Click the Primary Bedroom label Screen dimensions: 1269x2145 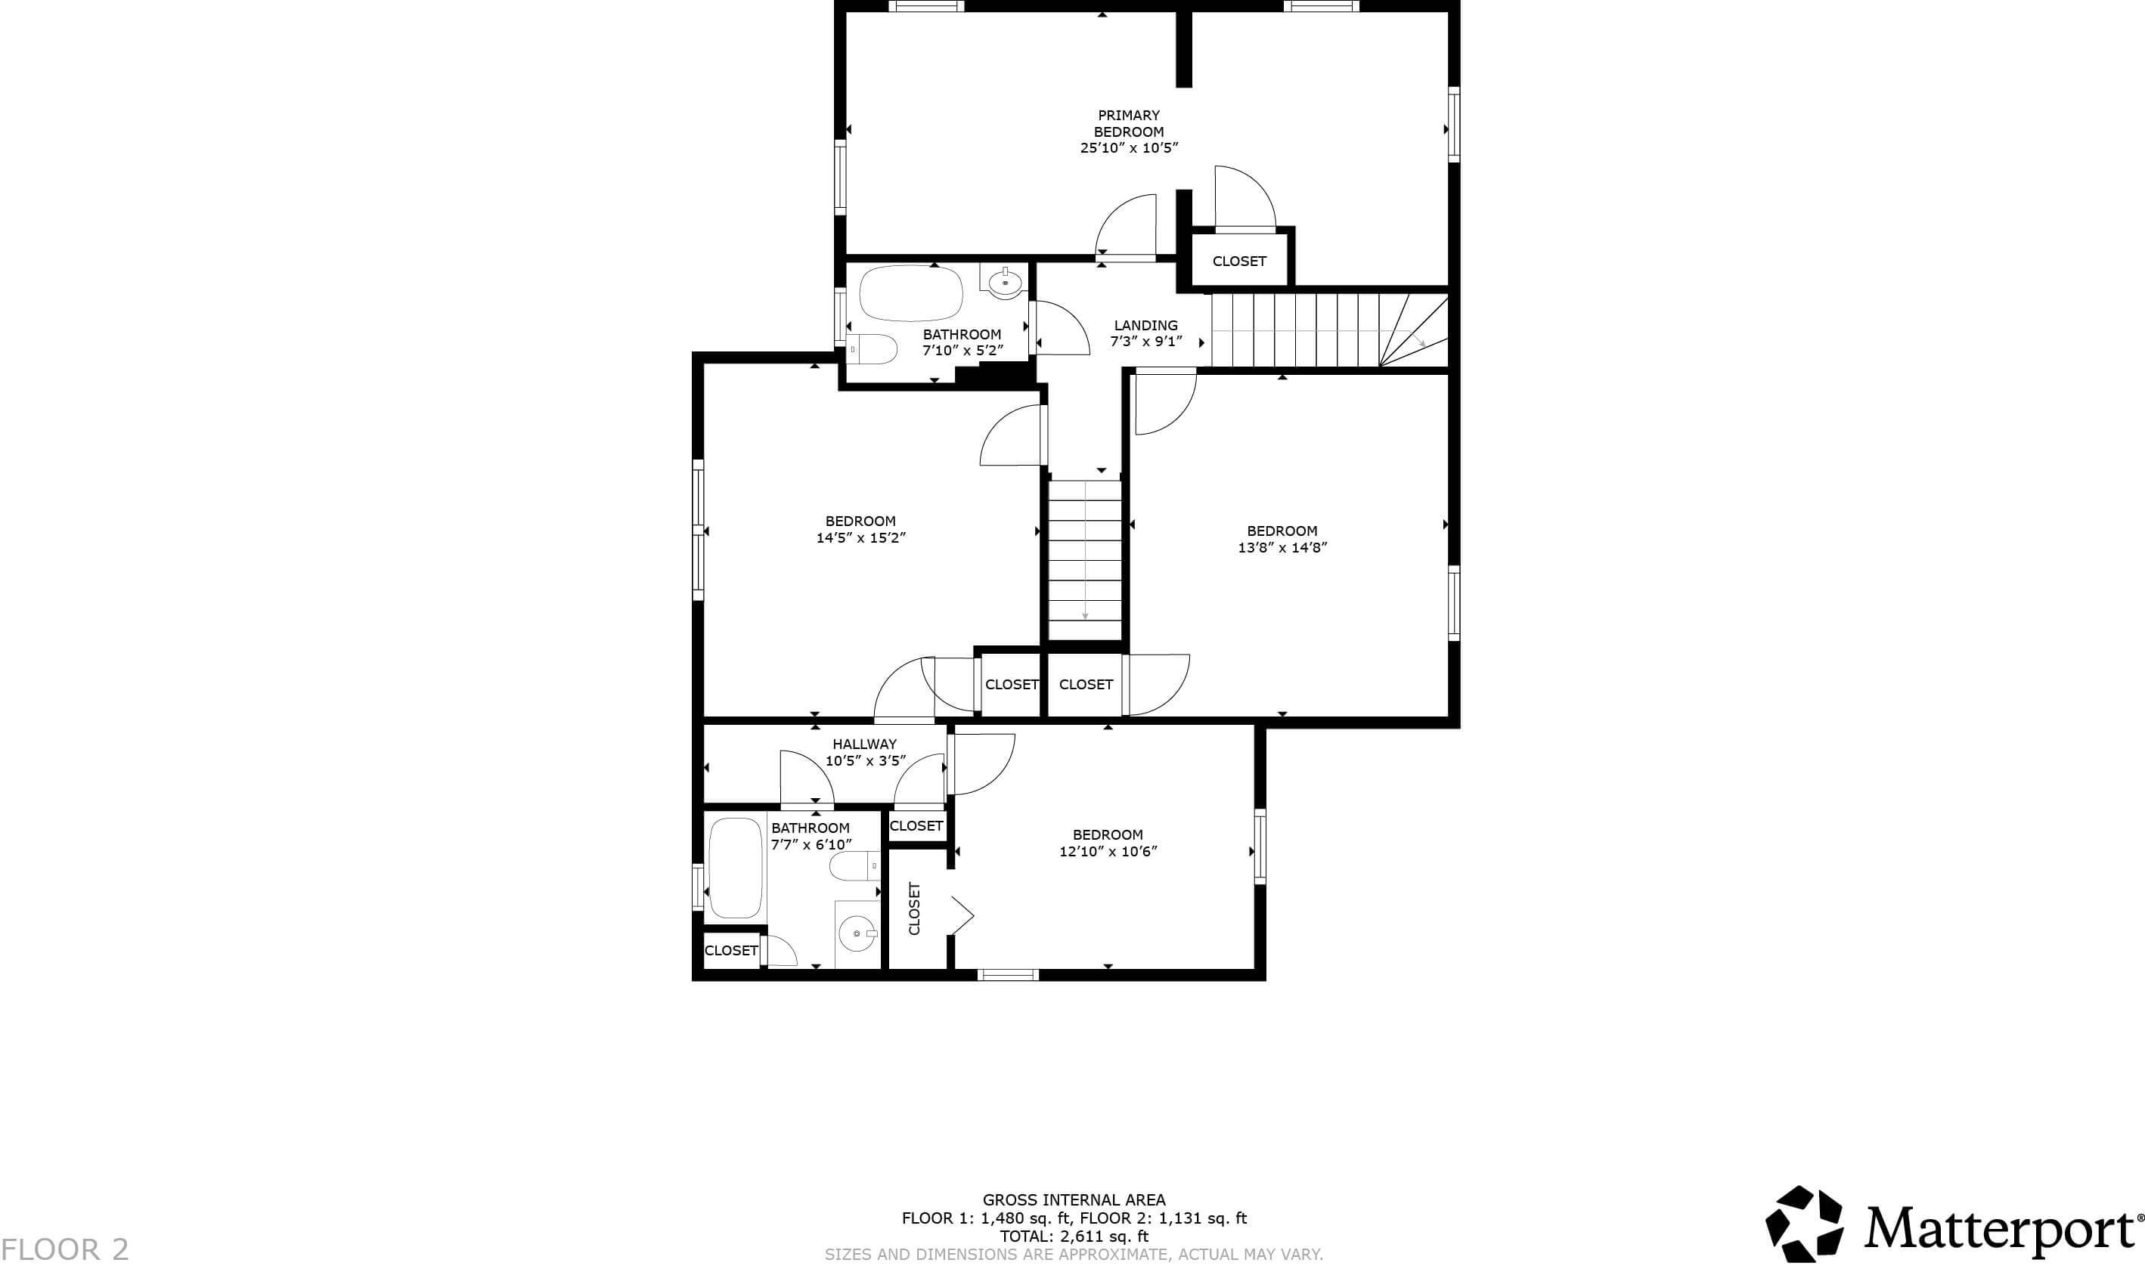point(1128,123)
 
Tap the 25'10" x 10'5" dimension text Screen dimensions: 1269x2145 point(1128,148)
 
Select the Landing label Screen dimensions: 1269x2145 point(1145,325)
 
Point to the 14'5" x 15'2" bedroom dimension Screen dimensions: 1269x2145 point(860,538)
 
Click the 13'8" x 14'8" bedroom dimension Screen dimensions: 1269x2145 point(1282,547)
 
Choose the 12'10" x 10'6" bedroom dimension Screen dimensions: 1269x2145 point(1108,851)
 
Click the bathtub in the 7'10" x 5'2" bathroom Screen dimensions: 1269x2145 point(911,293)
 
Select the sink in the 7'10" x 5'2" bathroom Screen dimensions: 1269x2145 point(1005,281)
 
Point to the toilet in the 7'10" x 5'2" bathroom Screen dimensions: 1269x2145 point(873,349)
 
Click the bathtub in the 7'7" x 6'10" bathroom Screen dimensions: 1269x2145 point(736,868)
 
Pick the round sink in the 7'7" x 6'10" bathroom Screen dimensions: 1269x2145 point(857,933)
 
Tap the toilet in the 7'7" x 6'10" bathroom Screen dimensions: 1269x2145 point(854,866)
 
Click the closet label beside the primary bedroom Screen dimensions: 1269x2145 point(1238,261)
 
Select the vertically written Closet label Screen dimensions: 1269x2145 point(914,908)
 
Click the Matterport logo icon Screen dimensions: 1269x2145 point(1805,1224)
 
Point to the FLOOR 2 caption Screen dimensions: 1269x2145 point(65,1249)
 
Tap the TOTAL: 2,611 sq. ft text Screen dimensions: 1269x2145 point(1074,1236)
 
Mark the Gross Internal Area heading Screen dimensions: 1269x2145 point(1074,1199)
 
